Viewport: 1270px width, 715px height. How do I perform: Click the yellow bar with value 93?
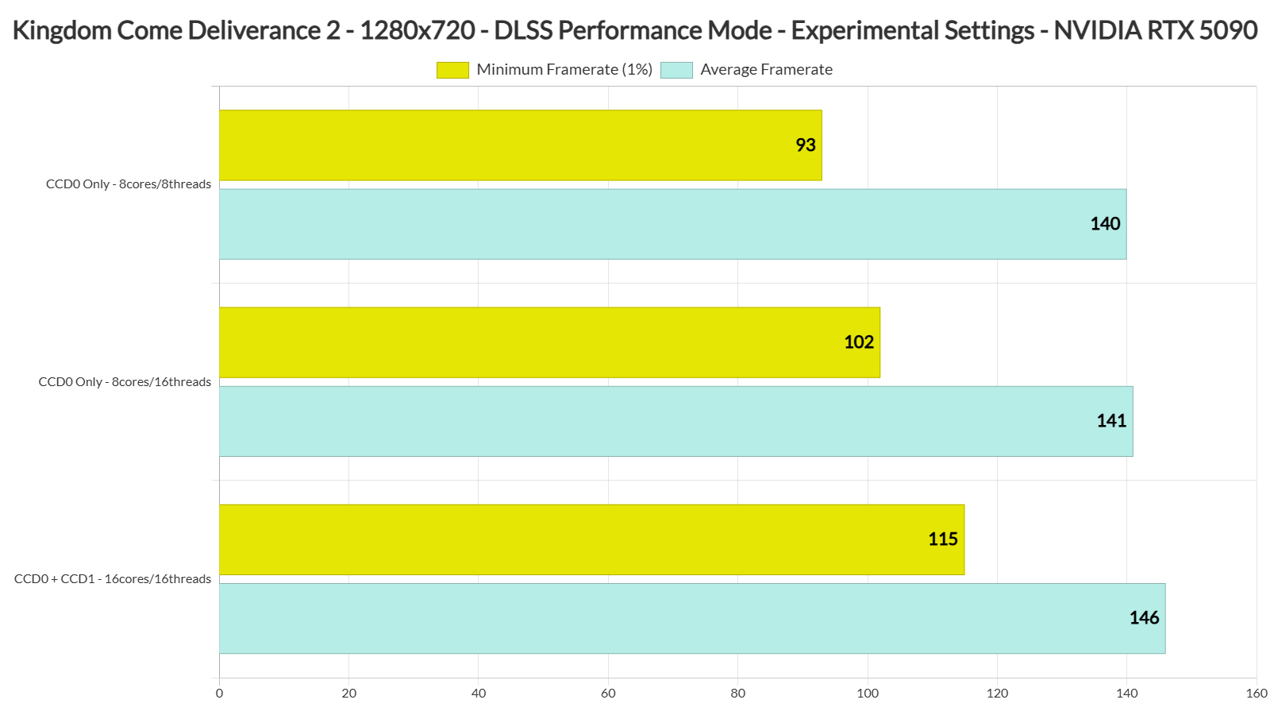(521, 145)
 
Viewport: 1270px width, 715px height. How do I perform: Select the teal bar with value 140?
(672, 224)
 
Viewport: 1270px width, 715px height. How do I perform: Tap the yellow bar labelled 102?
(549, 342)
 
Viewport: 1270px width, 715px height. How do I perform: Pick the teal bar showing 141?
(675, 421)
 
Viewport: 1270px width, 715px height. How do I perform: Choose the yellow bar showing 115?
(591, 539)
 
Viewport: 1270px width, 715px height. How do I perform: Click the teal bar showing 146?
(692, 618)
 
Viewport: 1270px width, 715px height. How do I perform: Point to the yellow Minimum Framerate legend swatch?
(452, 70)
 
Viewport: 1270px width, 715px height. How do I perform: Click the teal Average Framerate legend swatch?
(676, 70)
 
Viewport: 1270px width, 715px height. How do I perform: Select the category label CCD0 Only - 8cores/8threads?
(129, 184)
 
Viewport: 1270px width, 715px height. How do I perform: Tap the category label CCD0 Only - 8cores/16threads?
(125, 382)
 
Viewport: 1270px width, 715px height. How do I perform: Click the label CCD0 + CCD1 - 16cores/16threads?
(113, 579)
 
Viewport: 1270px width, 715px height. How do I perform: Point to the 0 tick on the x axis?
(220, 694)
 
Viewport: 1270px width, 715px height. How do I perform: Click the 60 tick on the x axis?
(608, 694)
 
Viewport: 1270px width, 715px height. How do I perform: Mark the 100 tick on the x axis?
(868, 694)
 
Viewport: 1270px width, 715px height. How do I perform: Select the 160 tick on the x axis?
(1257, 694)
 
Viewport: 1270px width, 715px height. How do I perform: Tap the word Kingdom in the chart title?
(61, 30)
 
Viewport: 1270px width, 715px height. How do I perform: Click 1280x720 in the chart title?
(418, 30)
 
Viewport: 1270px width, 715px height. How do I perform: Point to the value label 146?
(1144, 618)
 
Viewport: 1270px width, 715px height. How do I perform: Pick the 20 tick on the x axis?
(349, 694)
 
